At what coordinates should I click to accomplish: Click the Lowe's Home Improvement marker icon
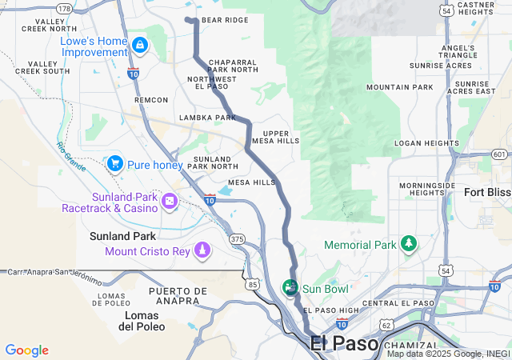pyautogui.click(x=141, y=45)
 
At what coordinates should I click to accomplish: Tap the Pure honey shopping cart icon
pyautogui.click(x=114, y=164)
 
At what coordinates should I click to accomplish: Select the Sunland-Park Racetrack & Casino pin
pyautogui.click(x=170, y=200)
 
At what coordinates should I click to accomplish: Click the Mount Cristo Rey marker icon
pyautogui.click(x=202, y=250)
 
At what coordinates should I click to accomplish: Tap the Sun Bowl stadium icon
pyautogui.click(x=291, y=287)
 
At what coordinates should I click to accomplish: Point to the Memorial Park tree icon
pyautogui.click(x=409, y=243)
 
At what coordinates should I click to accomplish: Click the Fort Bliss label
pyautogui.click(x=487, y=192)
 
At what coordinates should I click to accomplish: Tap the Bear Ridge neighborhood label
pyautogui.click(x=225, y=20)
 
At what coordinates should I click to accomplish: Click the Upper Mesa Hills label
pyautogui.click(x=276, y=137)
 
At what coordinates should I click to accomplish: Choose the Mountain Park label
pyautogui.click(x=399, y=87)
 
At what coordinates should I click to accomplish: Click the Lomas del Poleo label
pyautogui.click(x=142, y=321)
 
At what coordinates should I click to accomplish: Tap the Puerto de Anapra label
pyautogui.click(x=174, y=296)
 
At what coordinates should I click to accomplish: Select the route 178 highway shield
pyautogui.click(x=65, y=8)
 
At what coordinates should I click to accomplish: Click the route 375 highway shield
pyautogui.click(x=237, y=239)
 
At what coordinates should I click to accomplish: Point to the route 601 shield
pyautogui.click(x=499, y=154)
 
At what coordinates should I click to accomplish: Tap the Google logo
pyautogui.click(x=27, y=350)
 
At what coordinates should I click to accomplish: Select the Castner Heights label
pyautogui.click(x=475, y=8)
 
